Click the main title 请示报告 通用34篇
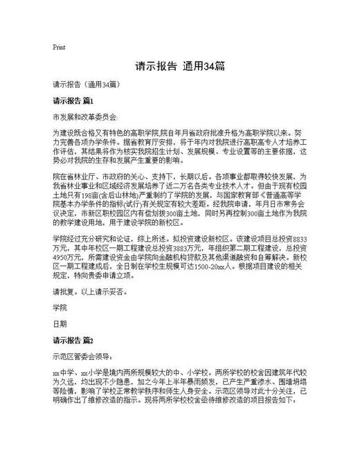coord(179,67)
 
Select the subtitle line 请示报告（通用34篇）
coord(85,84)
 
